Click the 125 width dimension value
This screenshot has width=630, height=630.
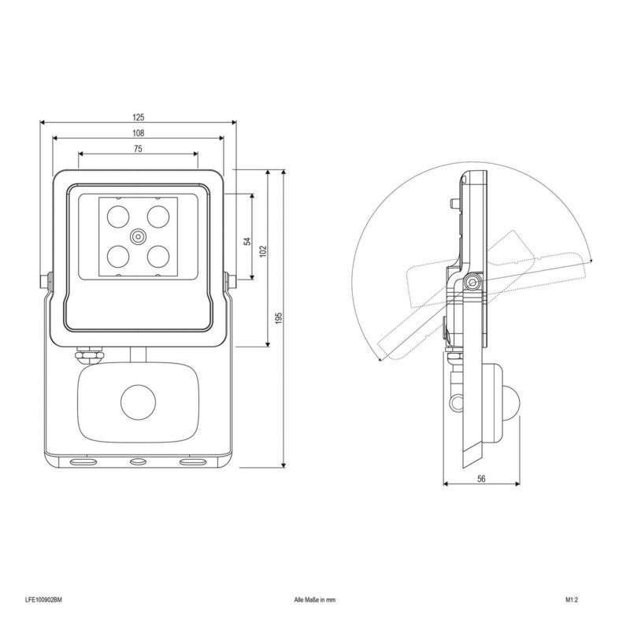(x=138, y=117)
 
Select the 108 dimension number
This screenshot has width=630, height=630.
(x=138, y=133)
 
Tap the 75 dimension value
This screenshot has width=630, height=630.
(x=138, y=149)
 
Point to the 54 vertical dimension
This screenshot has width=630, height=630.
(x=247, y=241)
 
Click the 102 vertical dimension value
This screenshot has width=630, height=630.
(x=263, y=251)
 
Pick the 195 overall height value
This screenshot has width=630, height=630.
(x=280, y=317)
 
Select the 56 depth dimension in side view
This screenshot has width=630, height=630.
(x=481, y=479)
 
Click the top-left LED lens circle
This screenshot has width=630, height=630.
(x=118, y=217)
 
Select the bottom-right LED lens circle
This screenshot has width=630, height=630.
(x=158, y=257)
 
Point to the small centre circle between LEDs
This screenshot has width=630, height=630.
(x=139, y=237)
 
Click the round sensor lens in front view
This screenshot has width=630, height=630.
(x=139, y=402)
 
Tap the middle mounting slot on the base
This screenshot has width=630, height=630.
(x=139, y=462)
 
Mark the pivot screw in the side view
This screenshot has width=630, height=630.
(x=472, y=283)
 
